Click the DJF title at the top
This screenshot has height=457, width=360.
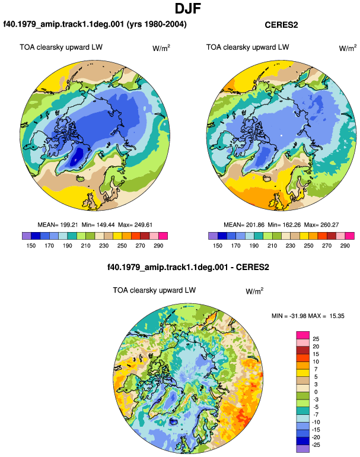[188, 8]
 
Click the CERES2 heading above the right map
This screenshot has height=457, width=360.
[281, 25]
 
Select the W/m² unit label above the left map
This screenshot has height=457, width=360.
[161, 48]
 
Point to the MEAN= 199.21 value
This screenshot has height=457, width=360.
[58, 225]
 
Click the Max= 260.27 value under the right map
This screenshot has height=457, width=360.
[321, 225]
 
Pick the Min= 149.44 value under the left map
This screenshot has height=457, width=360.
[98, 225]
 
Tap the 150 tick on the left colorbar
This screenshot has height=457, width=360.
[31, 246]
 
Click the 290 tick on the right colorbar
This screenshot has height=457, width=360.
[345, 246]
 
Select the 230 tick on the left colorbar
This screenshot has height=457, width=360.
[104, 246]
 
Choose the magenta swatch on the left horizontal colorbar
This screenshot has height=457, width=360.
[163, 236]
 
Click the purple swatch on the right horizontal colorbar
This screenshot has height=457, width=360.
[213, 236]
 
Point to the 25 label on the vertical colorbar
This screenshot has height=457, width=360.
[316, 339]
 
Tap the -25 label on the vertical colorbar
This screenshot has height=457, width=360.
[316, 445]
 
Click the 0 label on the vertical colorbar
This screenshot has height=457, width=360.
[316, 392]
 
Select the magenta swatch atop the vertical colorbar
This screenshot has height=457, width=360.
[302, 335]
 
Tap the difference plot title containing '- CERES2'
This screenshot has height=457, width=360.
[188, 267]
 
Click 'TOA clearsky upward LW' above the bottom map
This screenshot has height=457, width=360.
[154, 290]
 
